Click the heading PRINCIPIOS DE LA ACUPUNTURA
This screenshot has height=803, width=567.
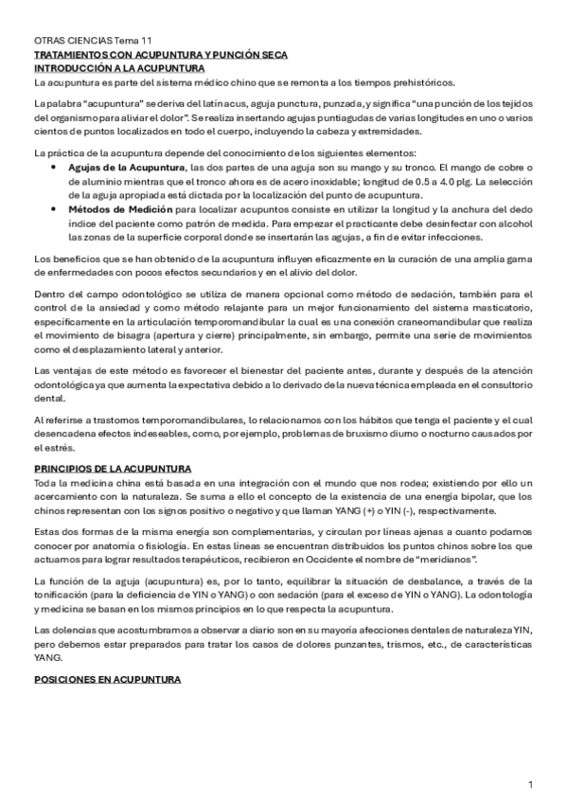click(112, 469)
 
